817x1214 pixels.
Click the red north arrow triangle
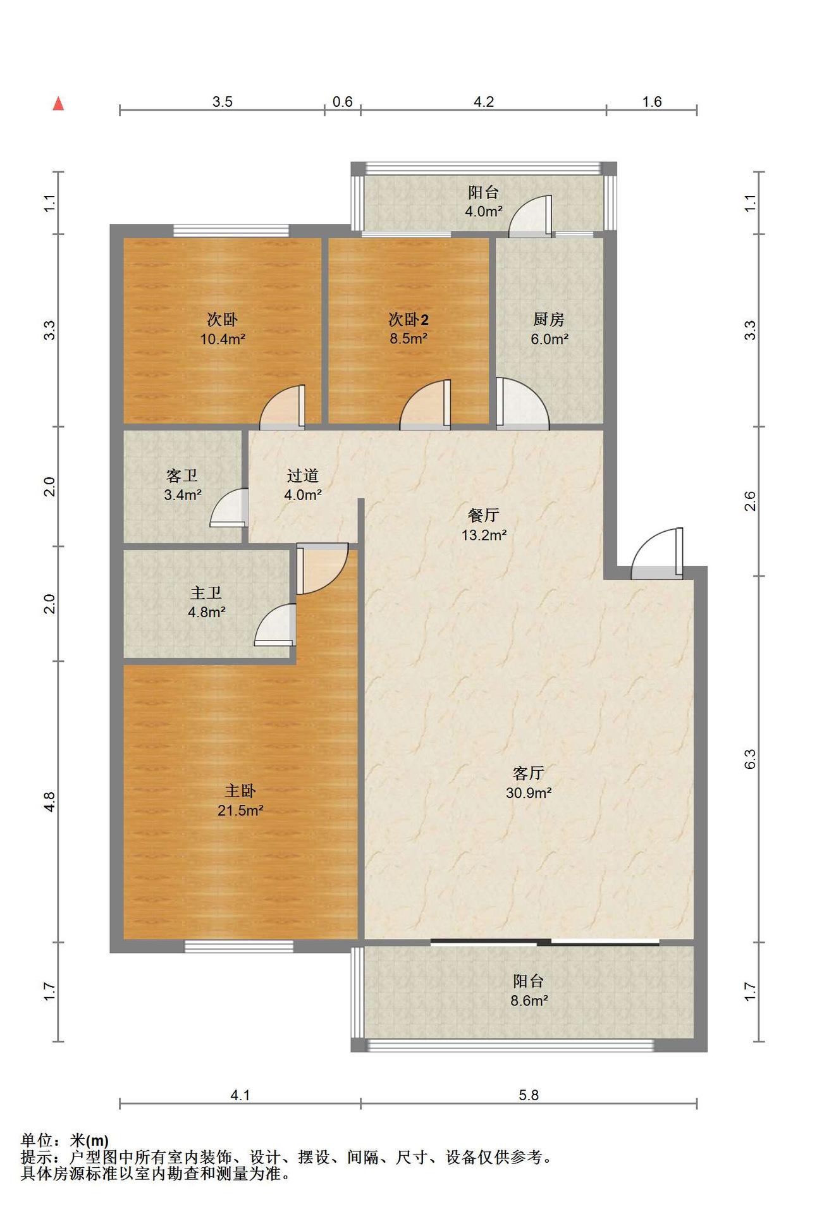tap(58, 104)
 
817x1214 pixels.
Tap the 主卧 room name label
tap(240, 790)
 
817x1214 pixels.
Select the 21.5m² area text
tap(240, 810)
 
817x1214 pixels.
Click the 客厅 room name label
tap(529, 773)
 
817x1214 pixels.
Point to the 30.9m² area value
tap(529, 792)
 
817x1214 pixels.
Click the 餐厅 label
tap(484, 515)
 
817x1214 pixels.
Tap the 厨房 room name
tap(549, 319)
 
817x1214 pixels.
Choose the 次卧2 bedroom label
tap(408, 319)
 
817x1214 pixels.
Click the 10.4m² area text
tap(223, 339)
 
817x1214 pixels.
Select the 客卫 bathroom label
tap(182, 475)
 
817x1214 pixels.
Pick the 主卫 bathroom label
tap(206, 592)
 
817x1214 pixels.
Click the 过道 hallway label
tap(302, 475)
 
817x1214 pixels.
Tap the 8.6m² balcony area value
tap(529, 1001)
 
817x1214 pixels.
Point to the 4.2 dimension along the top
tap(484, 102)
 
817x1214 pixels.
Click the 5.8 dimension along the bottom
tap(529, 1095)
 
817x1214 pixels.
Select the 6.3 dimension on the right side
tap(750, 759)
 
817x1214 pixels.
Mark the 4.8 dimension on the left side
tap(51, 802)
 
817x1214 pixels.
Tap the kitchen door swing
tap(522, 403)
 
